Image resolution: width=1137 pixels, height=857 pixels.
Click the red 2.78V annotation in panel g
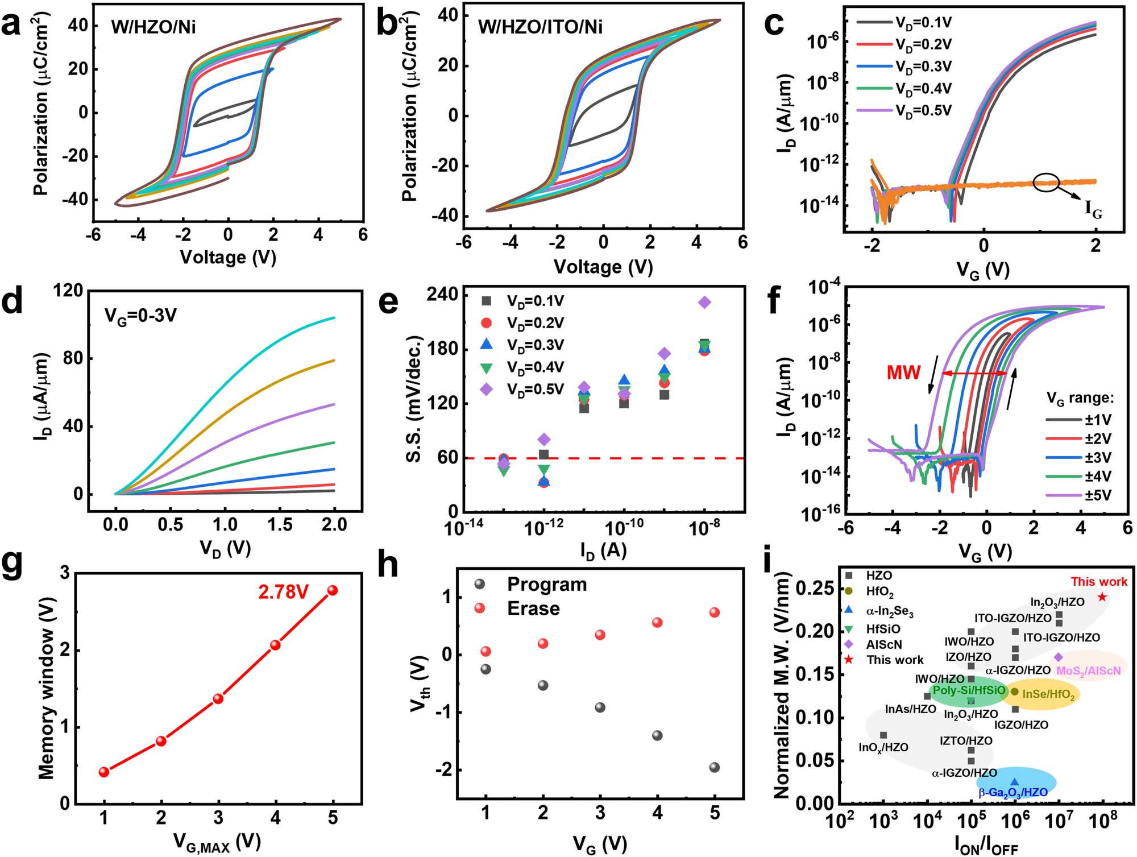[x=283, y=592]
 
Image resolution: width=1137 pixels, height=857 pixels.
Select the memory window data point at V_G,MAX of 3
[x=218, y=698]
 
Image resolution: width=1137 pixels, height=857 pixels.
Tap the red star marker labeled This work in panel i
[x=1102, y=597]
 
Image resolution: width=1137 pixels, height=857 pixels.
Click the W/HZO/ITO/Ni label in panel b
[x=540, y=27]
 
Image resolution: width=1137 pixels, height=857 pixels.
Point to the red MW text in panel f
[x=903, y=372]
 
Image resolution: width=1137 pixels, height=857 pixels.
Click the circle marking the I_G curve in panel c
[x=1046, y=182]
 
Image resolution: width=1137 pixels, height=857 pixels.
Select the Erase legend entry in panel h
[x=533, y=608]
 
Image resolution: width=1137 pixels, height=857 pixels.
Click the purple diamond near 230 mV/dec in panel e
[x=704, y=303]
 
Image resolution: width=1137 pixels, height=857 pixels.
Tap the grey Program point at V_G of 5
[x=715, y=767]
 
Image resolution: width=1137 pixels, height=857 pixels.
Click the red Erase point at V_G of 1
[x=485, y=651]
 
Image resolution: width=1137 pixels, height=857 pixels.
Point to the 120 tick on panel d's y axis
[x=68, y=291]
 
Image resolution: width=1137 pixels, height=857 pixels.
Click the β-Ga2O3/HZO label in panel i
[x=1013, y=792]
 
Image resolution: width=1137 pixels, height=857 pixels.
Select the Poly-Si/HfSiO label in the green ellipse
[x=969, y=690]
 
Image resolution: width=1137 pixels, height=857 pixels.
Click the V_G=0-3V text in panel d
[x=140, y=314]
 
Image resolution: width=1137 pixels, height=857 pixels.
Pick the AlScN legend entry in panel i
[x=884, y=644]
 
